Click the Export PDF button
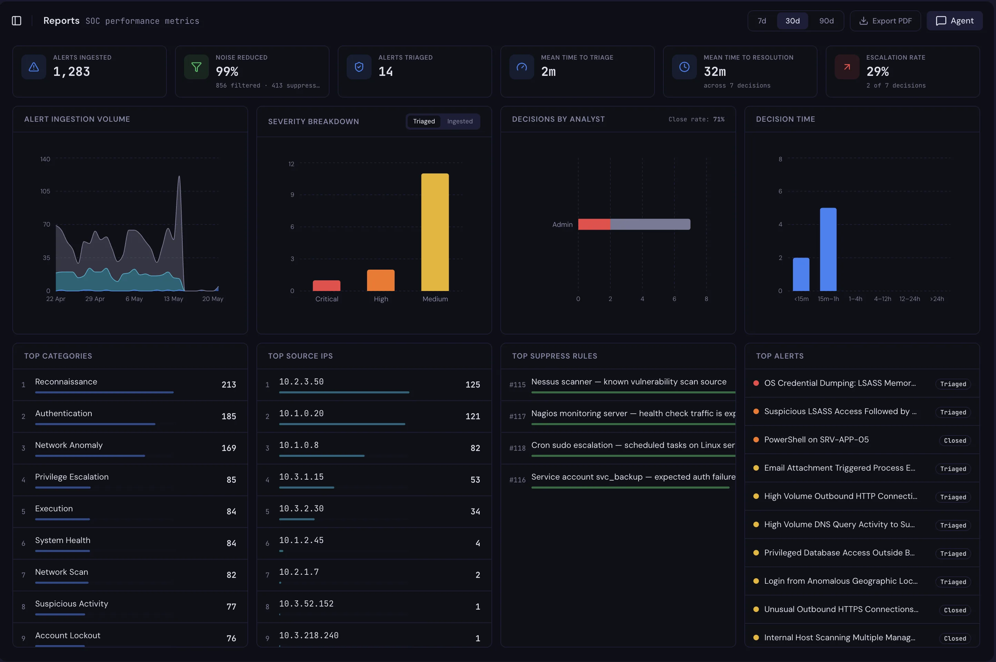(885, 21)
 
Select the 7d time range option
(761, 21)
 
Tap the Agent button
(954, 21)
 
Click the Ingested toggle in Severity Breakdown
(460, 121)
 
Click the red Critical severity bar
(326, 285)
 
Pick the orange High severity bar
(381, 280)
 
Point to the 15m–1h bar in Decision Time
(828, 250)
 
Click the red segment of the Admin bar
(594, 224)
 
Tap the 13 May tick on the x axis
(173, 299)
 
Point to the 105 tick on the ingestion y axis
(45, 191)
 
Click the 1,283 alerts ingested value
(71, 72)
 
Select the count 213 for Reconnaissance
(229, 385)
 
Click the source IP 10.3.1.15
(301, 477)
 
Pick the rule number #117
(517, 416)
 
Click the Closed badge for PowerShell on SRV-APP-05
(955, 440)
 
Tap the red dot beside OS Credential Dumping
(756, 383)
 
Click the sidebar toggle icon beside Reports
(17, 21)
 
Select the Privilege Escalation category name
(72, 477)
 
